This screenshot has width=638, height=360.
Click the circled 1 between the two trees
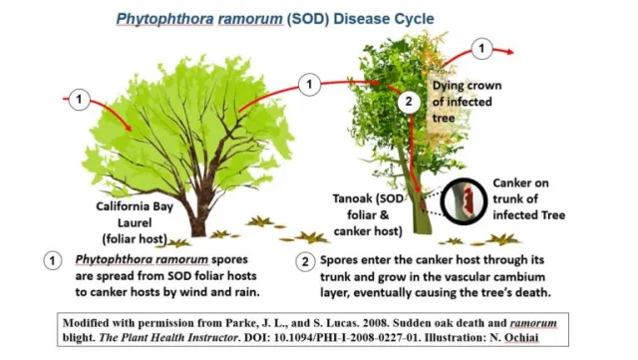pos(309,85)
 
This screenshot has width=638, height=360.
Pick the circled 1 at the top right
pos(481,48)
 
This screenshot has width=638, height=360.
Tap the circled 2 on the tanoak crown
pos(407,101)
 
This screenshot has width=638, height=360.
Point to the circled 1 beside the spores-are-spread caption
pos(55,260)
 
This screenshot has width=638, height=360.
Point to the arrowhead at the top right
pos(510,51)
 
